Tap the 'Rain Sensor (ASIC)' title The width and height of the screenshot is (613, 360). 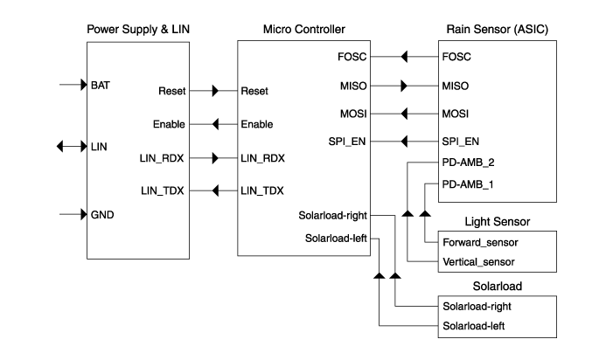[498, 29]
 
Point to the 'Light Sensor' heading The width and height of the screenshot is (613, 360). [498, 222]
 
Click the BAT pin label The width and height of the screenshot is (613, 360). [100, 86]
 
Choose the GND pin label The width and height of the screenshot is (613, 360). [102, 214]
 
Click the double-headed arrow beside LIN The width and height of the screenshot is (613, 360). [70, 146]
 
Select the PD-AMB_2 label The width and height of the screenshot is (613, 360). [469, 163]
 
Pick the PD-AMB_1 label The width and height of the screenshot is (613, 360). [469, 184]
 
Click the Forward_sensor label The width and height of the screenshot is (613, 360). [479, 241]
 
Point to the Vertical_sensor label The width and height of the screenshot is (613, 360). [478, 261]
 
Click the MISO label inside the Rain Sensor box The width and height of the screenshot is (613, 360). [456, 86]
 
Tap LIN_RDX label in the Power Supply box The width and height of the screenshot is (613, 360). [160, 159]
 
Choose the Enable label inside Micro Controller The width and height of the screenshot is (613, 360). [256, 124]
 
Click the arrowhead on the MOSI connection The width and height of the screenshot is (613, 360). [404, 114]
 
